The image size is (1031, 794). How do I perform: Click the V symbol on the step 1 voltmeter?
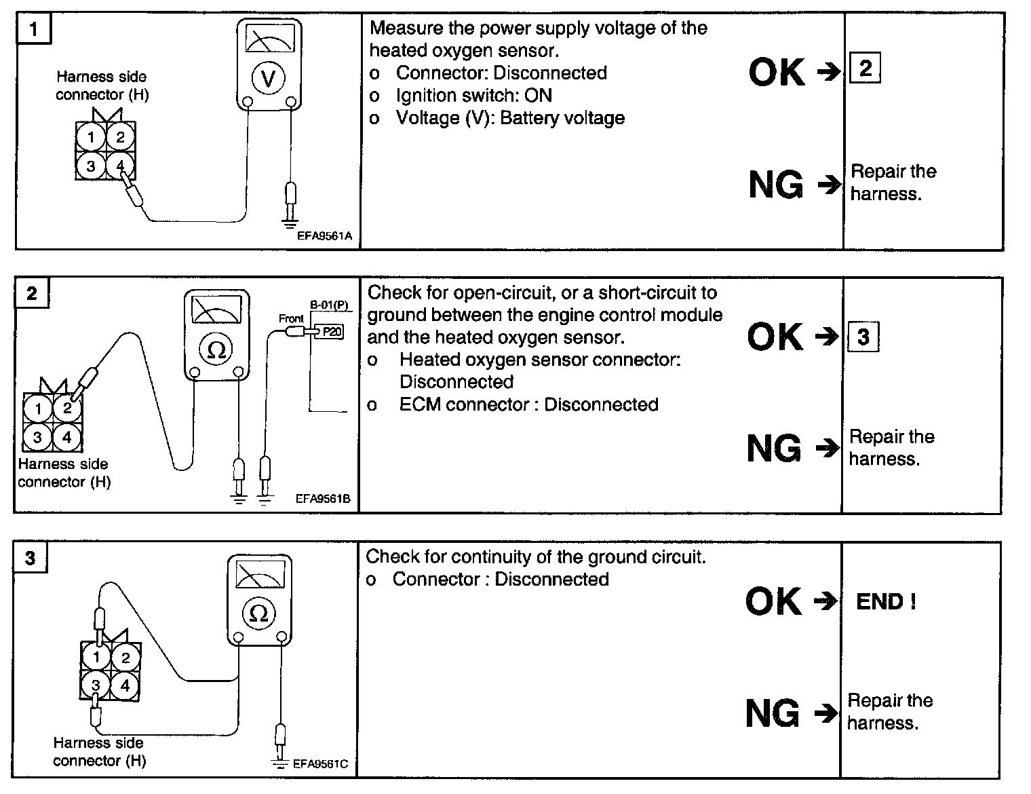tap(269, 79)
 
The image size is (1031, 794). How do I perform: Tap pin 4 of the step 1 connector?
tap(120, 165)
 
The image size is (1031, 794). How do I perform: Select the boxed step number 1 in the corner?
tap(34, 30)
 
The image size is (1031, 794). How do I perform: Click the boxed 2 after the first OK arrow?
tap(865, 69)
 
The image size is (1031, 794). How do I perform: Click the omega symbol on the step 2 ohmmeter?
tap(216, 349)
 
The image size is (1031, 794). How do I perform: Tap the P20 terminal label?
tap(332, 331)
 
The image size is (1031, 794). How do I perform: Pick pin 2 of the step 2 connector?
tap(66, 408)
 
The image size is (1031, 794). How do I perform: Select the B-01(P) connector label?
tap(329, 305)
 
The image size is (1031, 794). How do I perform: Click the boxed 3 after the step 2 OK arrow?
tap(863, 337)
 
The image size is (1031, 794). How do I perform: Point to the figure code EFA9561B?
tap(323, 499)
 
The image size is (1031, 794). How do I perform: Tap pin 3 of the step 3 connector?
tap(96, 685)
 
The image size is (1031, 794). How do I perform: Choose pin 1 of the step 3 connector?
tap(96, 657)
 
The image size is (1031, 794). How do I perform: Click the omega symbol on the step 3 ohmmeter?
tap(259, 613)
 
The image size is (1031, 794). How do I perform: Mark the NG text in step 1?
tap(776, 184)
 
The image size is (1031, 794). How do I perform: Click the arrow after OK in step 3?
tap(825, 601)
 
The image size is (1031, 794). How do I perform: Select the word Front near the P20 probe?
tap(291, 318)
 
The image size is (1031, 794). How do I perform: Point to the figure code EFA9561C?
tap(320, 763)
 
